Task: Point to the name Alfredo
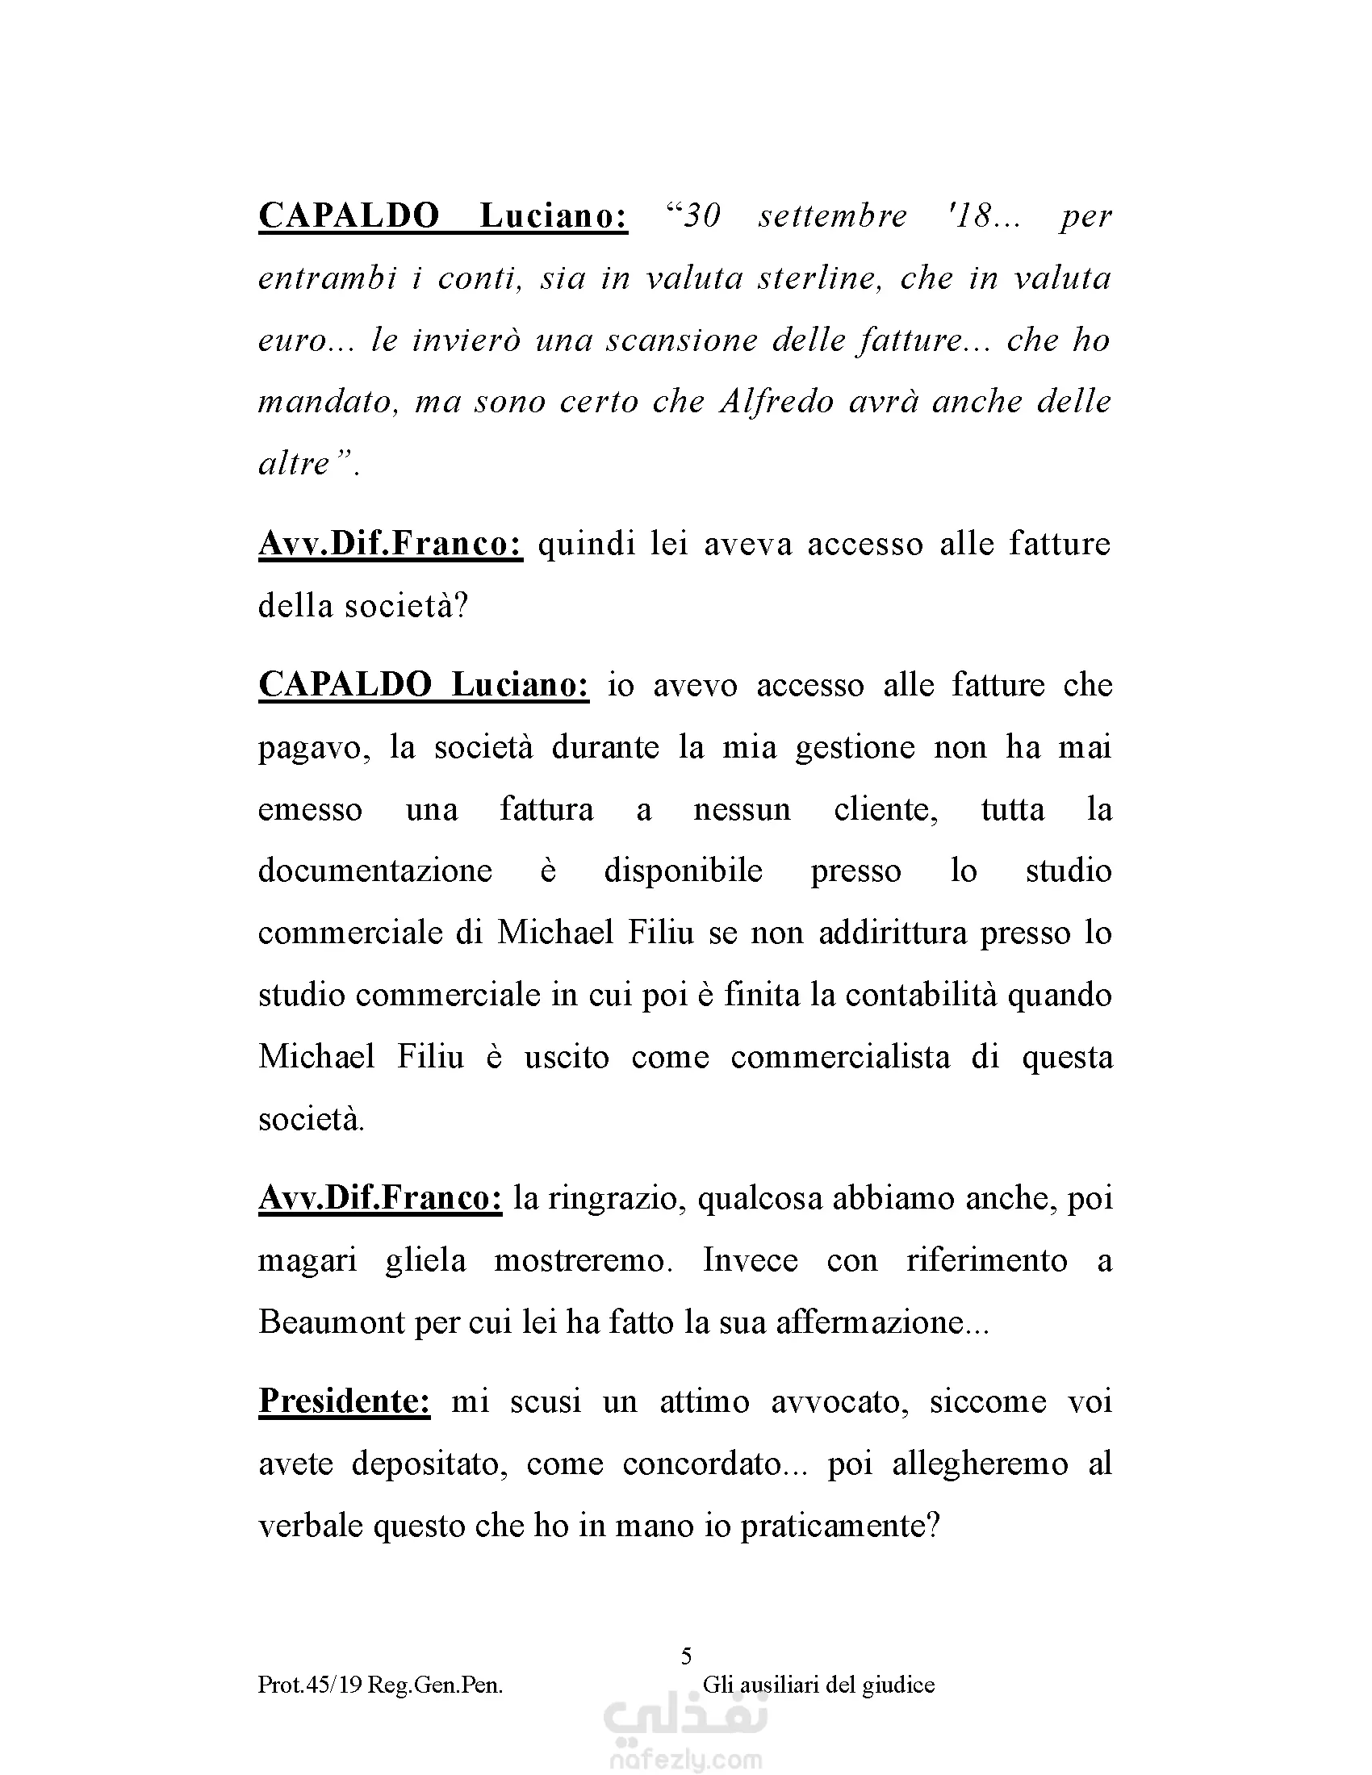tap(776, 403)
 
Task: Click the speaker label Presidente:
tap(344, 1401)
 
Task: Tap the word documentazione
tap(374, 871)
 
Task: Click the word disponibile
tap(683, 871)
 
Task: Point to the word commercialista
tap(839, 1057)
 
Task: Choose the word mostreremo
tap(583, 1260)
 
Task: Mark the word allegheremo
tap(980, 1464)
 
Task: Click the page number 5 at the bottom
tap(686, 1656)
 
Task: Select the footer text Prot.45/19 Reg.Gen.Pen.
tap(380, 1685)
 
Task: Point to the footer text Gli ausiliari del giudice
tap(818, 1685)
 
